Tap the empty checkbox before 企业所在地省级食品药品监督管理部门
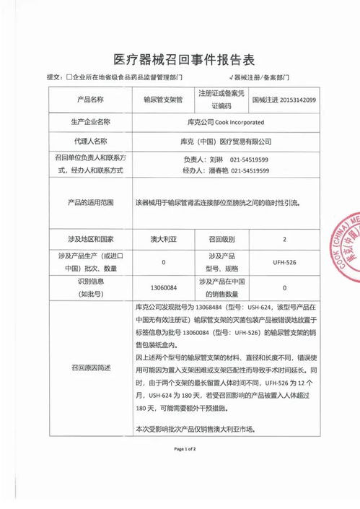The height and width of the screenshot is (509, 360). click(69, 77)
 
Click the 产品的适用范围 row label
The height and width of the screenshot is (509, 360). click(90, 204)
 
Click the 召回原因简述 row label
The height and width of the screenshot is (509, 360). click(90, 367)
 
